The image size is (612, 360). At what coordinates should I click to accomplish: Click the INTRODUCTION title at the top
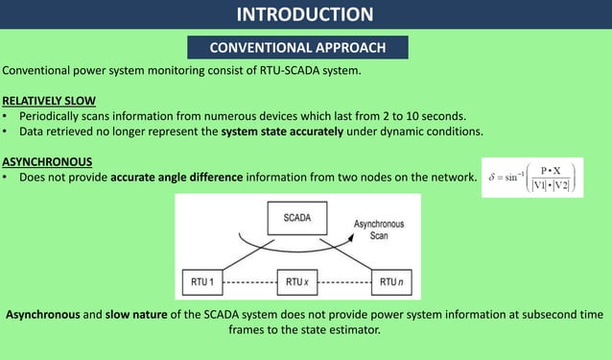pyautogui.click(x=305, y=13)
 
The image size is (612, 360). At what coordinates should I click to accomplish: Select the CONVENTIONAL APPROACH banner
pyautogui.click(x=298, y=47)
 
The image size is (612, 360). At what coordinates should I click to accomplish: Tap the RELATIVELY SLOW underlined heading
pyautogui.click(x=48, y=100)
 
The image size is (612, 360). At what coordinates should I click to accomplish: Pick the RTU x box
pyautogui.click(x=296, y=282)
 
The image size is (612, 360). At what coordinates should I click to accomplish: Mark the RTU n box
pyautogui.click(x=388, y=282)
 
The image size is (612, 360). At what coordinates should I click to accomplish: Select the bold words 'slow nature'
pyautogui.click(x=140, y=314)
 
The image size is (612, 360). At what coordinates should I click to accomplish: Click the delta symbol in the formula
pyautogui.click(x=492, y=178)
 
